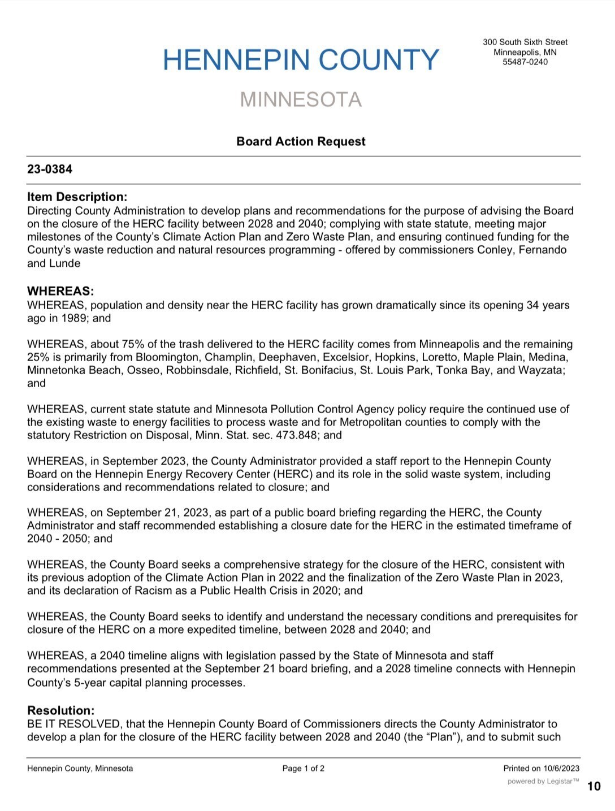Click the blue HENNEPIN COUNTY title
[301, 60]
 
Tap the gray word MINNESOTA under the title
[301, 99]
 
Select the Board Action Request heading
[301, 141]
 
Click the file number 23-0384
[50, 169]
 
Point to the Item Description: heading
[77, 197]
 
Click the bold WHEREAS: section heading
[60, 291]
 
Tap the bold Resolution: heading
[61, 710]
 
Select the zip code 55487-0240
[525, 62]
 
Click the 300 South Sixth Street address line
[525, 42]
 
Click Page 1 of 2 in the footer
[304, 768]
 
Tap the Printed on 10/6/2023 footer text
[541, 768]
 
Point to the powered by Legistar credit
[543, 781]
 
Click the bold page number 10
[594, 786]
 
